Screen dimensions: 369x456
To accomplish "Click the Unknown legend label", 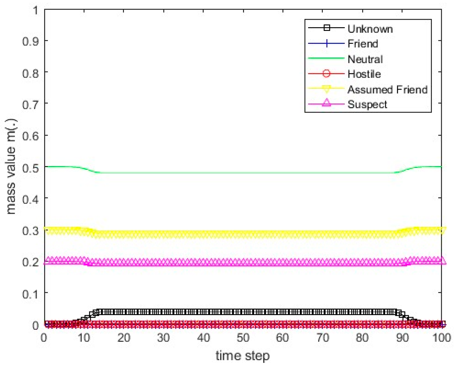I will [x=370, y=29].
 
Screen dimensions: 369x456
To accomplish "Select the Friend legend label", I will [x=363, y=44].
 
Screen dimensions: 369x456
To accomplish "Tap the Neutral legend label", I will [x=365, y=59].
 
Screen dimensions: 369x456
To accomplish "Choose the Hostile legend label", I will [x=364, y=74].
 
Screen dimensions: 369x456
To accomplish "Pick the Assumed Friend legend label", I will [x=387, y=90].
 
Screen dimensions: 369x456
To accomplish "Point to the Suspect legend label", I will [x=367, y=105].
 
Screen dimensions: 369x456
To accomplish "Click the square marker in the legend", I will [x=327, y=28].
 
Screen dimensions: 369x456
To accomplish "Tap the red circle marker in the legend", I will [x=326, y=73].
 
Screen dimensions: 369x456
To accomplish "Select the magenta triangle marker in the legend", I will [x=327, y=103].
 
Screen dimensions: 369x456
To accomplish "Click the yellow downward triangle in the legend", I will [x=327, y=89].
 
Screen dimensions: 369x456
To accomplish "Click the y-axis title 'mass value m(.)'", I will [x=11, y=166].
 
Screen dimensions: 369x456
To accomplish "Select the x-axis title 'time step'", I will [x=242, y=356].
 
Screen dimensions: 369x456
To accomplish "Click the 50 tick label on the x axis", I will [x=243, y=338].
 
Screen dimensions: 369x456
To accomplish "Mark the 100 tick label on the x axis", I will [x=442, y=338].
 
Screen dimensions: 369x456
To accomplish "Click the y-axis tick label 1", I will [x=35, y=11].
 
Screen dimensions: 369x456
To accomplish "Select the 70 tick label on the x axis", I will [x=323, y=338].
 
